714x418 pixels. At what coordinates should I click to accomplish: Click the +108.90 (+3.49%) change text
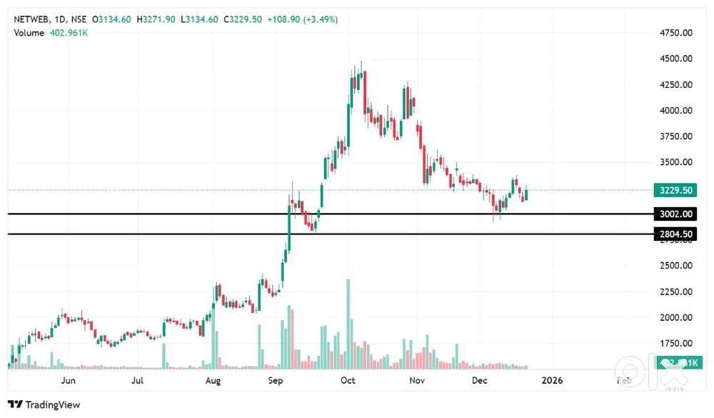point(302,19)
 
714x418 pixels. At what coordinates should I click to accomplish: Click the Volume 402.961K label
point(49,33)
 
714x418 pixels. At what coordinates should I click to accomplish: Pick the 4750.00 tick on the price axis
point(675,33)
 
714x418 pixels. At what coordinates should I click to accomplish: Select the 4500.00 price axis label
point(675,59)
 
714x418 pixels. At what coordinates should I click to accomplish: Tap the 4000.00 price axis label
point(675,111)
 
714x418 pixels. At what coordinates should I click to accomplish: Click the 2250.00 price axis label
point(675,292)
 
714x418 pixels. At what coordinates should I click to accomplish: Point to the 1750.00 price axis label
point(675,343)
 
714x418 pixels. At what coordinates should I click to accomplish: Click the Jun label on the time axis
point(69,381)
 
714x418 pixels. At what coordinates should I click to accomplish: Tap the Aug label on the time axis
point(212,381)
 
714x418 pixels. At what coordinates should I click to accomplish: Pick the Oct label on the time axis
point(348,381)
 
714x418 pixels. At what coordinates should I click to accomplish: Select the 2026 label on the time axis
point(552,381)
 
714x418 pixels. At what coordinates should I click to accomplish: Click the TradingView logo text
point(51,404)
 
